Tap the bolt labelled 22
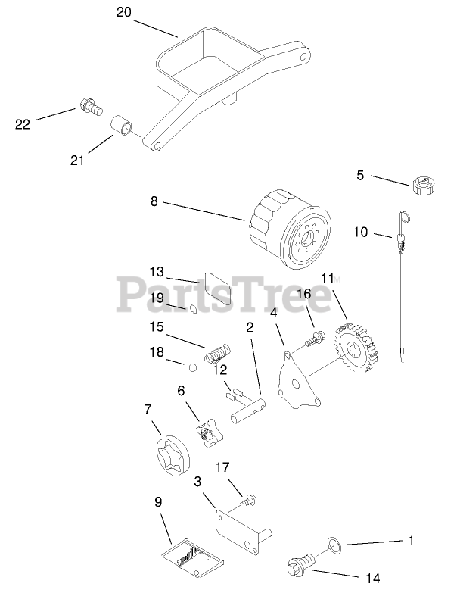(x=89, y=108)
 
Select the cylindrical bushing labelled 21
(x=123, y=126)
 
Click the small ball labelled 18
(x=193, y=367)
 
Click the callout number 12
(x=220, y=370)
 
